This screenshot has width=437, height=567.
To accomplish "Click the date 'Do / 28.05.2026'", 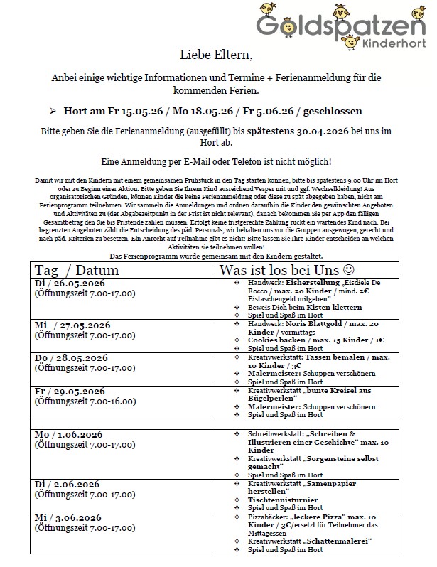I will pyautogui.click(x=71, y=357).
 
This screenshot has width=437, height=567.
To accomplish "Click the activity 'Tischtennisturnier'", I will pyautogui.click(x=281, y=499).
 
